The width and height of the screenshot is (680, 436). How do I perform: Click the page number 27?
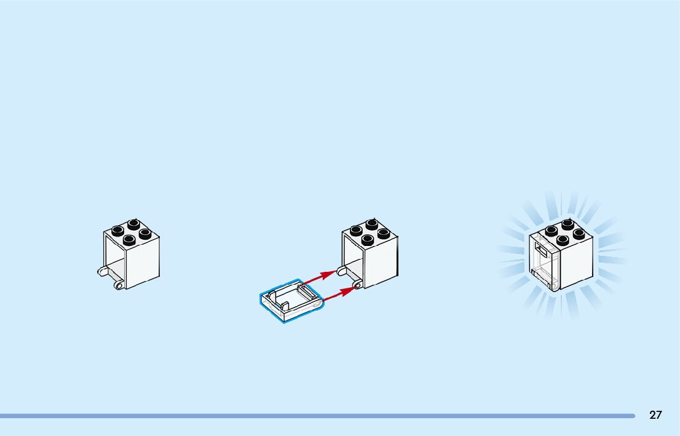655,415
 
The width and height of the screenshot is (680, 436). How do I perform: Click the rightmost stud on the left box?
146,233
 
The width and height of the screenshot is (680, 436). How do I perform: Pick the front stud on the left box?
129,240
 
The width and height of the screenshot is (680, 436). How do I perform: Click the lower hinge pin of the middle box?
357,284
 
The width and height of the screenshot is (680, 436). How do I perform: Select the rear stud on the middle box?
371,224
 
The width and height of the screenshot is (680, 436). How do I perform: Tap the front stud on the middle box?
368,239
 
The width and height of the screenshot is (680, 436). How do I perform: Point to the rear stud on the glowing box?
567,224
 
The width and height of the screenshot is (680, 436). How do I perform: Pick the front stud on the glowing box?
563,239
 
